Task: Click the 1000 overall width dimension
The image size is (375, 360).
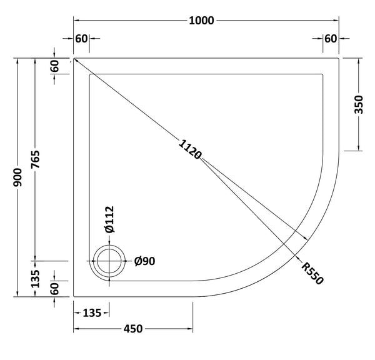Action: [x=201, y=21]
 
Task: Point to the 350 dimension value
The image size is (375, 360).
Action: [x=359, y=104]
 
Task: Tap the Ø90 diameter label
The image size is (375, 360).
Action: [x=144, y=261]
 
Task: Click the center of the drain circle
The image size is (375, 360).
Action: [x=110, y=261]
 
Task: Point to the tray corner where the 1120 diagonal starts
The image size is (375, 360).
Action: [x=74, y=59]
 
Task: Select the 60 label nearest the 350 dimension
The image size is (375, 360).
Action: [x=330, y=39]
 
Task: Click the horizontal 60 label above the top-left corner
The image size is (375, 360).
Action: [x=81, y=39]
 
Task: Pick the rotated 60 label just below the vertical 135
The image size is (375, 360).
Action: [x=55, y=289]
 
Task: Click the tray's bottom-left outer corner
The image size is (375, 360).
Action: [x=74, y=297]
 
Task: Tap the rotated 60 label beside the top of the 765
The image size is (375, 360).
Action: [x=55, y=66]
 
